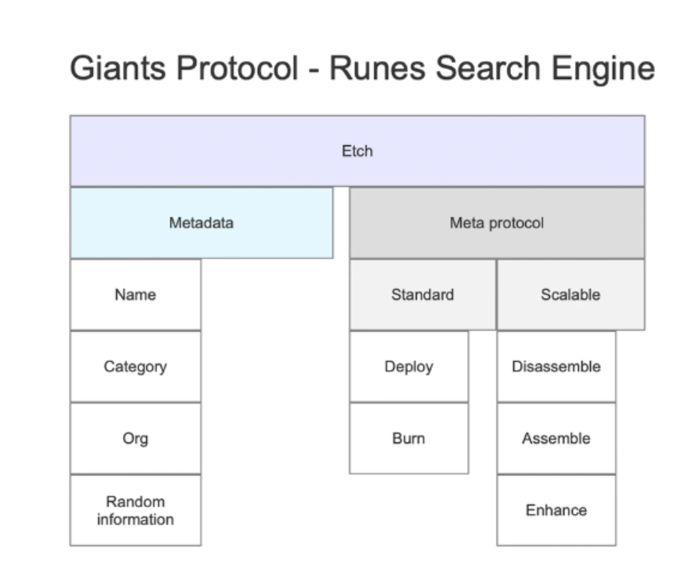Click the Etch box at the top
[x=357, y=151]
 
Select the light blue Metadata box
[x=201, y=223]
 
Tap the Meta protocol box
[x=496, y=223]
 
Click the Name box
[x=135, y=295]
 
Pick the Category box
[x=135, y=366]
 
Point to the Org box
[x=135, y=438]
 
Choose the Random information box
[x=135, y=510]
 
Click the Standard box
[x=422, y=295]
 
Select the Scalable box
[x=570, y=295]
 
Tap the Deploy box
[x=409, y=366]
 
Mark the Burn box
[x=409, y=438]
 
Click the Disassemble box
[x=556, y=366]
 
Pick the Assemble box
[x=556, y=438]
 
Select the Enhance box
[x=556, y=510]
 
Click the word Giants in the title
[x=118, y=68]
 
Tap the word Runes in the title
[x=377, y=68]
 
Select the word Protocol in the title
[x=237, y=68]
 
